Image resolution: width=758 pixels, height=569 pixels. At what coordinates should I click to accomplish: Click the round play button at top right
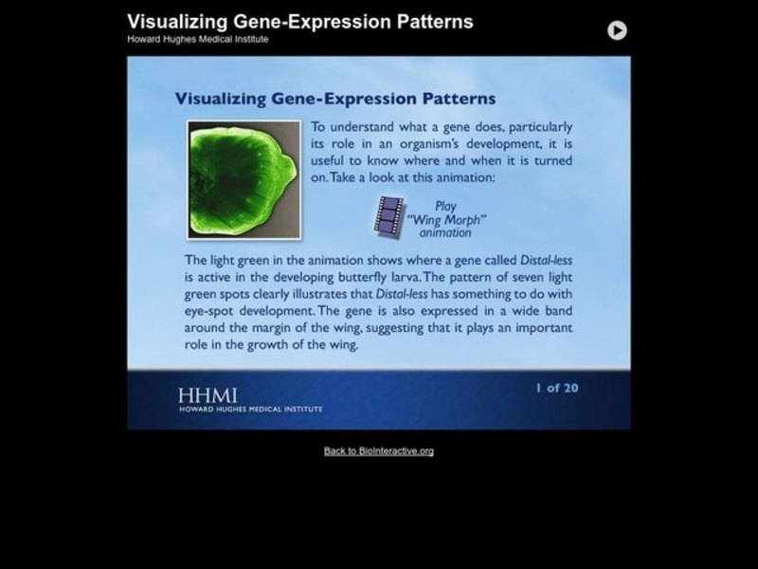pyautogui.click(x=617, y=30)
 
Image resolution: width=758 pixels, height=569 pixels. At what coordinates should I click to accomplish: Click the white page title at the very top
pyautogui.click(x=300, y=21)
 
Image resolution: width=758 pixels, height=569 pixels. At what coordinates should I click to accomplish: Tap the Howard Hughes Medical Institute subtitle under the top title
pyautogui.click(x=198, y=39)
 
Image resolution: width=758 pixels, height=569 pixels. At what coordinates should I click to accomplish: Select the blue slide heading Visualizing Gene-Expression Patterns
pyautogui.click(x=335, y=99)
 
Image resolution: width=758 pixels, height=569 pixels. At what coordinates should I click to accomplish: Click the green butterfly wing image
pyautogui.click(x=244, y=178)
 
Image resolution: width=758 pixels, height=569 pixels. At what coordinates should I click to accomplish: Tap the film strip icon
pyautogui.click(x=389, y=215)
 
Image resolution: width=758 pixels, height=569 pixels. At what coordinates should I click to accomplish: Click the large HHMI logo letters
pyautogui.click(x=208, y=395)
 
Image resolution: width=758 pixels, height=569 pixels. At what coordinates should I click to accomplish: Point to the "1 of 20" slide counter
pyautogui.click(x=556, y=388)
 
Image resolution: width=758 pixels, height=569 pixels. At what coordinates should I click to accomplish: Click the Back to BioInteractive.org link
pyautogui.click(x=379, y=450)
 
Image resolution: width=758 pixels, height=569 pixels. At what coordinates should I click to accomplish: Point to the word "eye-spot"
pyautogui.click(x=211, y=310)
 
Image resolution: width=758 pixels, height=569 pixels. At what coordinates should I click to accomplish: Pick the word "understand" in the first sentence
pyautogui.click(x=363, y=126)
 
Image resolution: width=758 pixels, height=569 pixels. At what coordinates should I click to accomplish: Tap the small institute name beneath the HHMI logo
pyautogui.click(x=249, y=409)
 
